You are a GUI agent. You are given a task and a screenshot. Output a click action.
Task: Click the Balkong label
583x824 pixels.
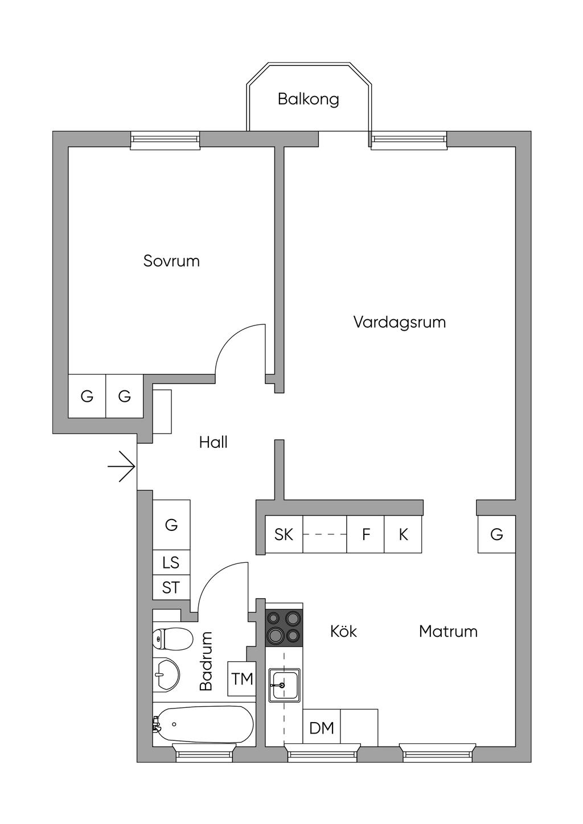(x=308, y=99)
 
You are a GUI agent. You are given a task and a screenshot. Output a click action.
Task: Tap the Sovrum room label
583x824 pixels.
(x=171, y=261)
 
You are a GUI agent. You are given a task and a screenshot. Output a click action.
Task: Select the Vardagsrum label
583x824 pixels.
(x=399, y=322)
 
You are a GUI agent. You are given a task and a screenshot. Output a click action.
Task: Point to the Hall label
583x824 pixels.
(x=214, y=442)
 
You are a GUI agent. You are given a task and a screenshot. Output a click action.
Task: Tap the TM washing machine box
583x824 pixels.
(x=242, y=679)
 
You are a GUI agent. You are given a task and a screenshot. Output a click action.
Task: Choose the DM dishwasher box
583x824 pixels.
(x=322, y=728)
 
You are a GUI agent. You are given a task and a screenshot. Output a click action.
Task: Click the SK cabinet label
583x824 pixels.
(x=284, y=534)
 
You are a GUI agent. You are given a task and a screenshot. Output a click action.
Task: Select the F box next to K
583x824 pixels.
(x=366, y=534)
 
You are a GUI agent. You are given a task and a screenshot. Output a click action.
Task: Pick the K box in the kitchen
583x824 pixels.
(x=403, y=534)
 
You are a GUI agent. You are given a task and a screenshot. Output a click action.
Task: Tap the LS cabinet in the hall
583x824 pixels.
(x=171, y=563)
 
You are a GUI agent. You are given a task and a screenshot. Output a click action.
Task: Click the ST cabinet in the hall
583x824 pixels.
(x=171, y=587)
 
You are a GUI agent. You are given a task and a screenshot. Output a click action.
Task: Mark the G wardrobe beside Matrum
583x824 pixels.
(x=496, y=534)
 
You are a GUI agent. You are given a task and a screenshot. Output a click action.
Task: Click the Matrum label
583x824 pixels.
(x=448, y=631)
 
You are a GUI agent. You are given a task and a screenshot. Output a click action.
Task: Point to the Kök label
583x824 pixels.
(x=343, y=631)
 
